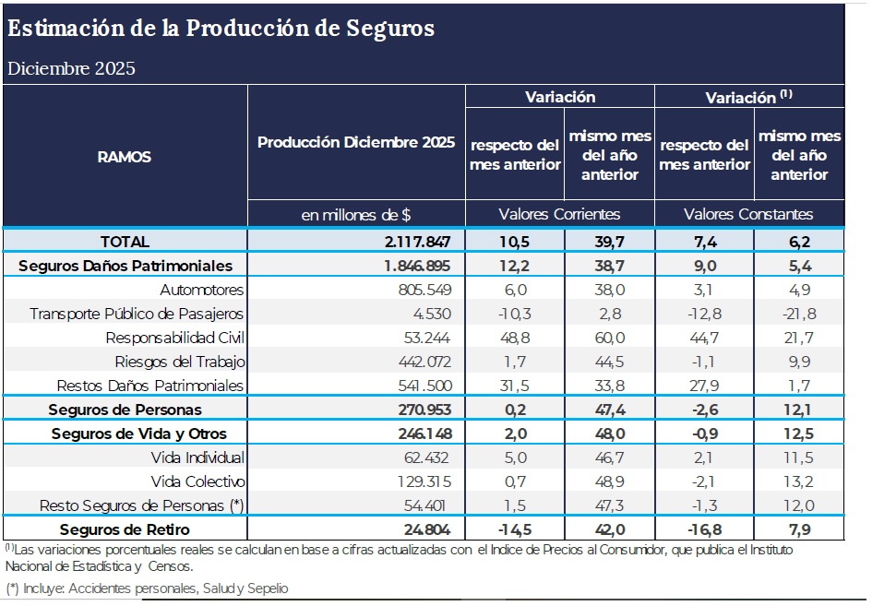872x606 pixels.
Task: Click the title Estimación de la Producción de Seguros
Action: (221, 29)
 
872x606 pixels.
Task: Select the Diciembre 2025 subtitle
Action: (71, 69)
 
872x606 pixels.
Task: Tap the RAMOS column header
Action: (125, 157)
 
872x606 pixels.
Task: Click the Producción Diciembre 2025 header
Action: (356, 143)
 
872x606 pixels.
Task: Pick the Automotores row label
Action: (201, 289)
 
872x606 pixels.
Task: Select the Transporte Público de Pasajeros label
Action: (137, 314)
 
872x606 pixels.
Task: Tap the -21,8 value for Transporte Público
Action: (798, 314)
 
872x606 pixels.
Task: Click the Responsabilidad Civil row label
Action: (175, 338)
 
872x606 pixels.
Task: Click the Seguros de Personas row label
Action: (125, 409)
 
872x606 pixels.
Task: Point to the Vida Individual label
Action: (197, 457)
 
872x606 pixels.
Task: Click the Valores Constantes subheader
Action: (748, 214)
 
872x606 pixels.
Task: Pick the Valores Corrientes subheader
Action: (559, 214)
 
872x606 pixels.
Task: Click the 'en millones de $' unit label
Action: (356, 215)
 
